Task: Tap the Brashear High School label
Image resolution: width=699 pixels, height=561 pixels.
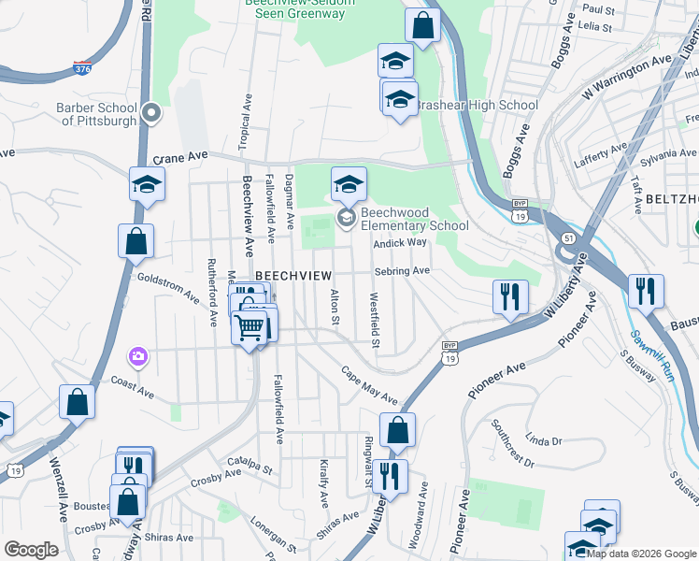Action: point(477,106)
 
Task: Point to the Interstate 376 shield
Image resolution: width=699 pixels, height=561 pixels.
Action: point(81,67)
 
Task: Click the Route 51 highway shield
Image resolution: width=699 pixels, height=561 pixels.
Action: point(569,239)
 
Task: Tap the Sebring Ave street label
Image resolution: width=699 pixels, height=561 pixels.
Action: point(402,271)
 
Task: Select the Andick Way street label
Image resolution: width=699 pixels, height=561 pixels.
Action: point(400,242)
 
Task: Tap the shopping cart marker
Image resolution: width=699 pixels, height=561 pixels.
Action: point(250,328)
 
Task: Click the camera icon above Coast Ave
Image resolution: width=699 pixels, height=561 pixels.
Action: point(138,356)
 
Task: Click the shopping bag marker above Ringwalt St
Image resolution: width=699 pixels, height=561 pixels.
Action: point(397,431)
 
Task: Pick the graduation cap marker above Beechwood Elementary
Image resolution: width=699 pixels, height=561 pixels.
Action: point(349,183)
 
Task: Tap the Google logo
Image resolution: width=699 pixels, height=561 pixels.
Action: point(31,550)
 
